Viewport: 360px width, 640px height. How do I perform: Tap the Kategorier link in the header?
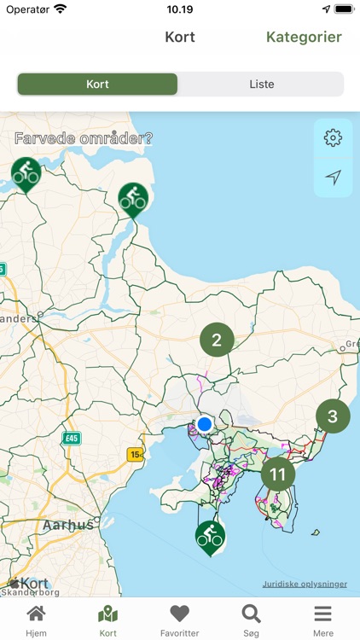(304, 37)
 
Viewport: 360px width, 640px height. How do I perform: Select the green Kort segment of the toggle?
(97, 84)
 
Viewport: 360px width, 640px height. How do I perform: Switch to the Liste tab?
(261, 84)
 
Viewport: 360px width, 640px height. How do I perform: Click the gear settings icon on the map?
(333, 137)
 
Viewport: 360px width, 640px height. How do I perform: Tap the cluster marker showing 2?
(217, 340)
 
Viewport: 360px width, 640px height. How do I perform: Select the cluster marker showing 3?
(333, 416)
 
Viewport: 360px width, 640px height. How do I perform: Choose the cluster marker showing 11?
(277, 474)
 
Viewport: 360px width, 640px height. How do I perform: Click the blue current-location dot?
(204, 424)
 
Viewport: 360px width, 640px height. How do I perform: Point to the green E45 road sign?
(72, 438)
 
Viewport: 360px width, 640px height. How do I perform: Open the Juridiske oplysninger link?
(305, 585)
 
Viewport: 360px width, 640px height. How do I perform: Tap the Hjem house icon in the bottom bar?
(36, 614)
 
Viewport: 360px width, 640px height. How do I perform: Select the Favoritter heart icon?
(179, 614)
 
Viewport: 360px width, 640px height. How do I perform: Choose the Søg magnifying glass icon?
(251, 614)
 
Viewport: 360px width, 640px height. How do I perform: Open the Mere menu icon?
(322, 614)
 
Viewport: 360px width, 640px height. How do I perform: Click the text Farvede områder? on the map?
(84, 138)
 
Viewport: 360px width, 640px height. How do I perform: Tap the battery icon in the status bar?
(344, 9)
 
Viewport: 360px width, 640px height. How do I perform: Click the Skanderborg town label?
(31, 591)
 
